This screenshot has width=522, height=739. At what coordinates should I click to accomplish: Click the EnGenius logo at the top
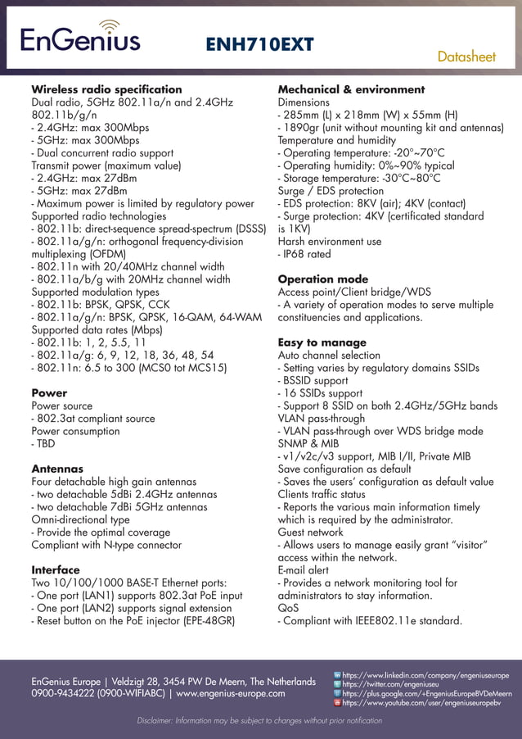coord(79,37)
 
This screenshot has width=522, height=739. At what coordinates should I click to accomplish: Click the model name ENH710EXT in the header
coord(259,44)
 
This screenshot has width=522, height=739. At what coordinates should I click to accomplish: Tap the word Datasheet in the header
coord(466,57)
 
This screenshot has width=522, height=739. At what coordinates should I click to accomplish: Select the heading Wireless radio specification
coord(106,89)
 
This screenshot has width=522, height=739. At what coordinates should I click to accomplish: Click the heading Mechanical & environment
coord(351,89)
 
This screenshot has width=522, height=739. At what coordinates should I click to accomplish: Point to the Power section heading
coord(49,393)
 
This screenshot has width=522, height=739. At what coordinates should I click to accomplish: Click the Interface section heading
coord(56,570)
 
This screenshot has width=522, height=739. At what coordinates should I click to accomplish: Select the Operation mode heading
coord(323,279)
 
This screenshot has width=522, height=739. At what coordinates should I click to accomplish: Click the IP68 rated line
coord(304,254)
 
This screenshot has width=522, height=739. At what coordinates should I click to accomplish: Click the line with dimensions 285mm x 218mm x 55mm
coord(367,116)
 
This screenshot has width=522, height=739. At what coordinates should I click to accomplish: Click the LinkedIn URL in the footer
coord(425,675)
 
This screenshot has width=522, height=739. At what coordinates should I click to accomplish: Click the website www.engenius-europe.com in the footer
coord(231,694)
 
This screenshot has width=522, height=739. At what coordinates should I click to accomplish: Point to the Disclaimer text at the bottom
coord(259,721)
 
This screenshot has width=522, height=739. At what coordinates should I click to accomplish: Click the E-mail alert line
coord(304,570)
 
